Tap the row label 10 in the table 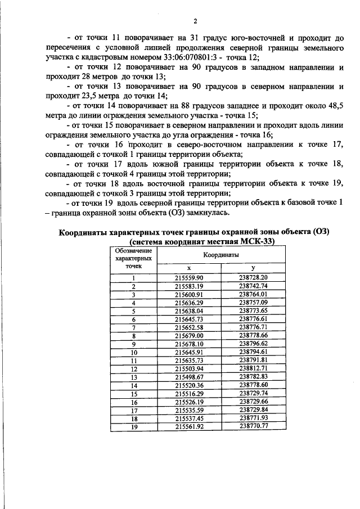point(134,352)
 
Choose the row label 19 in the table point(134,426)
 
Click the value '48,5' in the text point(333,105)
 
